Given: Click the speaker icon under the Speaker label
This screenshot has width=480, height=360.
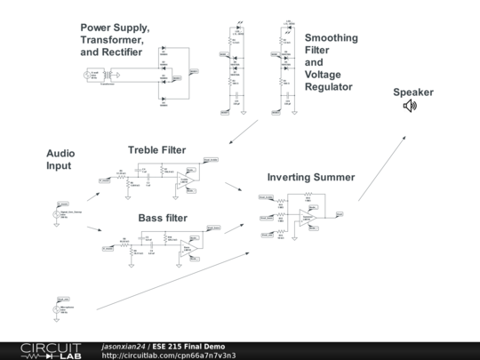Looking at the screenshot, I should (x=410, y=106).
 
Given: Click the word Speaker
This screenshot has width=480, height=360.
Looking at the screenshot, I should (x=413, y=92).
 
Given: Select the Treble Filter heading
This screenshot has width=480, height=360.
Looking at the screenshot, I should (x=156, y=150).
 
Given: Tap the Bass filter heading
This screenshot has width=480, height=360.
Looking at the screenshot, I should (x=163, y=218).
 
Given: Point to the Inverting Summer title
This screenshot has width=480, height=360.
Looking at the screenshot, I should (x=310, y=178).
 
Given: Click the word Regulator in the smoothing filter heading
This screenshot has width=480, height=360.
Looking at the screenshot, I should (x=328, y=87).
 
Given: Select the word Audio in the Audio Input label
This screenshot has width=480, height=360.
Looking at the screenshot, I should (x=60, y=154).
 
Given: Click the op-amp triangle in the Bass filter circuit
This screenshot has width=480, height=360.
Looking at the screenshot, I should (x=188, y=248).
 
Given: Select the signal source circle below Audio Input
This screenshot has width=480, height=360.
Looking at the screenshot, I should (x=60, y=213).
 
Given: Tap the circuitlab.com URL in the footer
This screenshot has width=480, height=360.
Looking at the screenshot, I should (x=169, y=356).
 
